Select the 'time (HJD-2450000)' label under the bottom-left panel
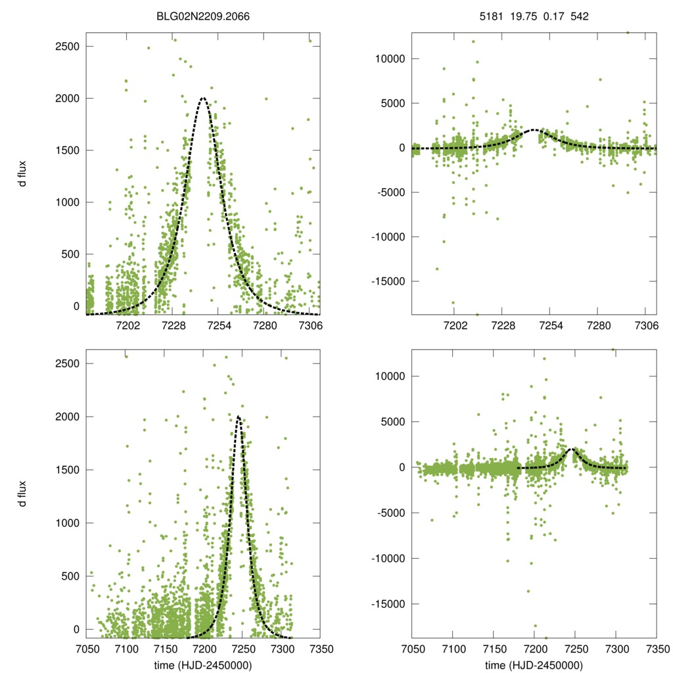204,665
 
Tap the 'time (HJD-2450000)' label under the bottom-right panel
534,665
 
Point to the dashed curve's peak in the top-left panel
202,98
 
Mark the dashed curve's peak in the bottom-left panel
238,416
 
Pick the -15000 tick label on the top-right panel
388,281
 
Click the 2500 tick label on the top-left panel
67,47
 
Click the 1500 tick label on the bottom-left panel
67,470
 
